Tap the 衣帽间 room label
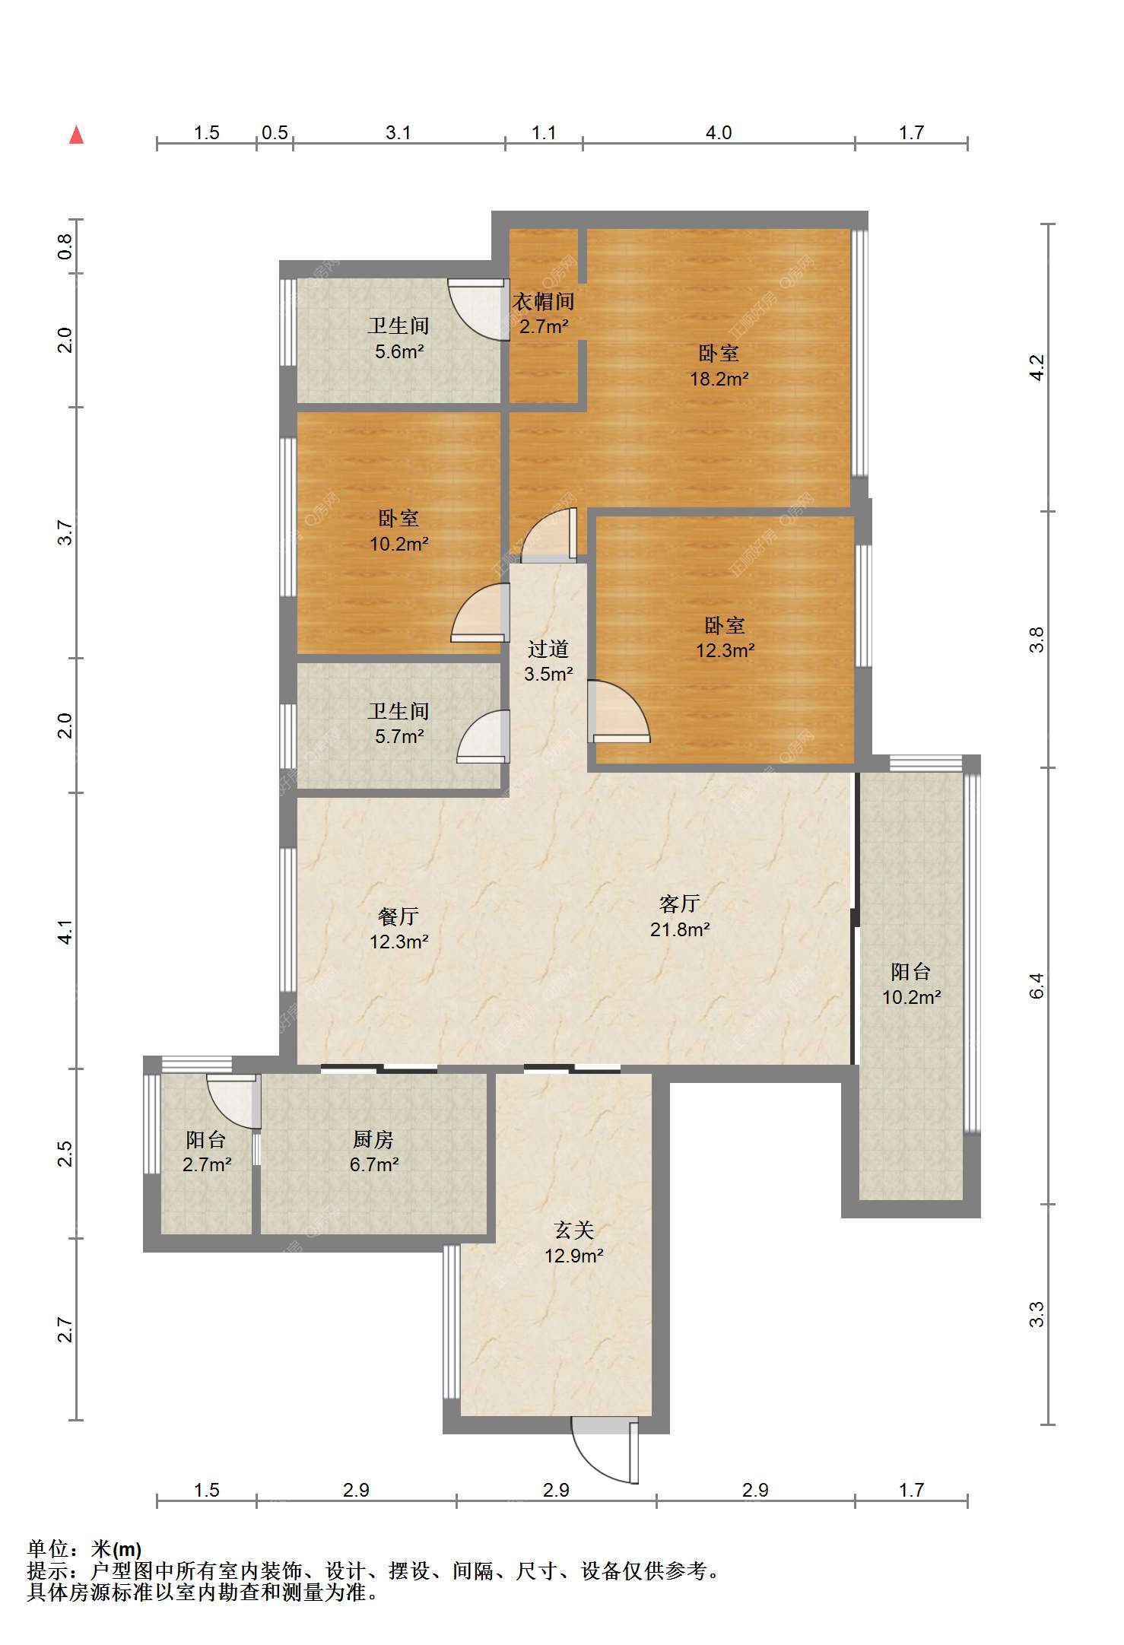[543, 302]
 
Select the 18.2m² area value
[719, 379]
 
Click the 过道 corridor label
[548, 649]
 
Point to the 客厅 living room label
[679, 903]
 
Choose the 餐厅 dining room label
[398, 916]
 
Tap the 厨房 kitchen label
[373, 1139]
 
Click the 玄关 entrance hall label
[573, 1230]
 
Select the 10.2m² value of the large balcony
[911, 997]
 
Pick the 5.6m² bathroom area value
[399, 351]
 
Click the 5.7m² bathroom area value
[399, 736]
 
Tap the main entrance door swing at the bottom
[605, 1449]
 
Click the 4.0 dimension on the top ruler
[719, 133]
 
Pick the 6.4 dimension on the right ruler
[1037, 986]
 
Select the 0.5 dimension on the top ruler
[275, 133]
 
